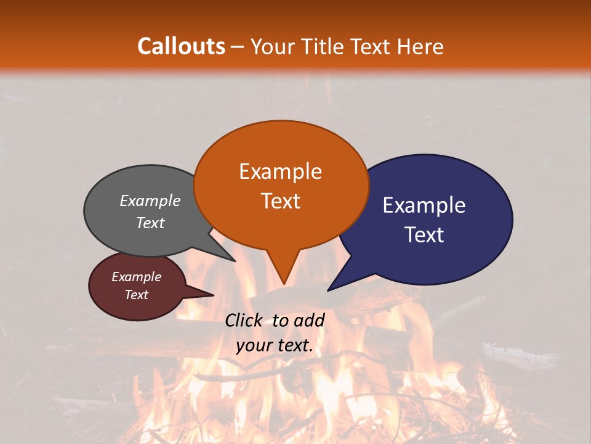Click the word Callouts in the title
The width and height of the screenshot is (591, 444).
[x=181, y=46]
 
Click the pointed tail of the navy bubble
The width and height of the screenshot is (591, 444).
[x=329, y=290]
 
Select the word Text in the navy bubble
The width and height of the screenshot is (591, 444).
[x=424, y=234]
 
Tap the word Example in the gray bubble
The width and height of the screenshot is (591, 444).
[x=150, y=200]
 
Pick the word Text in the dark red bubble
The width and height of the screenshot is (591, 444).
[x=136, y=295]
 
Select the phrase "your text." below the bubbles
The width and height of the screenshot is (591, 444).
[x=275, y=345]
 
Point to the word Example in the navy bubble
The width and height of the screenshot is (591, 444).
[x=424, y=205]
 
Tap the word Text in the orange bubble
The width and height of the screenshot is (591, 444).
[x=281, y=201]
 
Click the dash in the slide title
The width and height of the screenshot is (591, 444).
[x=238, y=46]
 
